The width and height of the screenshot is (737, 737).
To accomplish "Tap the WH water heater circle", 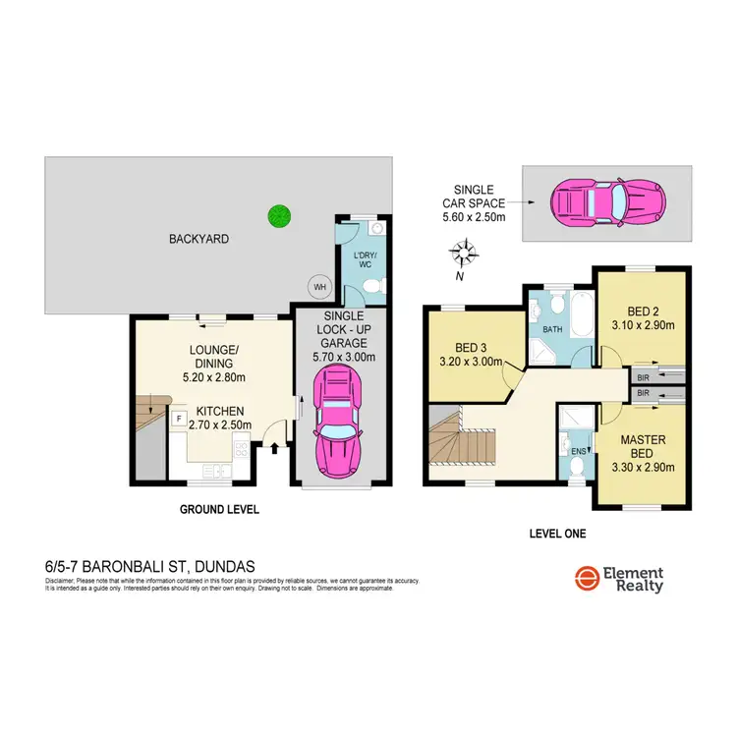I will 318,286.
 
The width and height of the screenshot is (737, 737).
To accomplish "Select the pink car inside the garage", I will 336,425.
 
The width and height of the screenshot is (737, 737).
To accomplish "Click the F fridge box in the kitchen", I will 178,419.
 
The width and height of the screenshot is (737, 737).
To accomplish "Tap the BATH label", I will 553,329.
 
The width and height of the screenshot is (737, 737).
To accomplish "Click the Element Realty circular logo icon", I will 589,580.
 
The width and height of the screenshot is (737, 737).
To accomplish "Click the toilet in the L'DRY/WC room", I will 369,285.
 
